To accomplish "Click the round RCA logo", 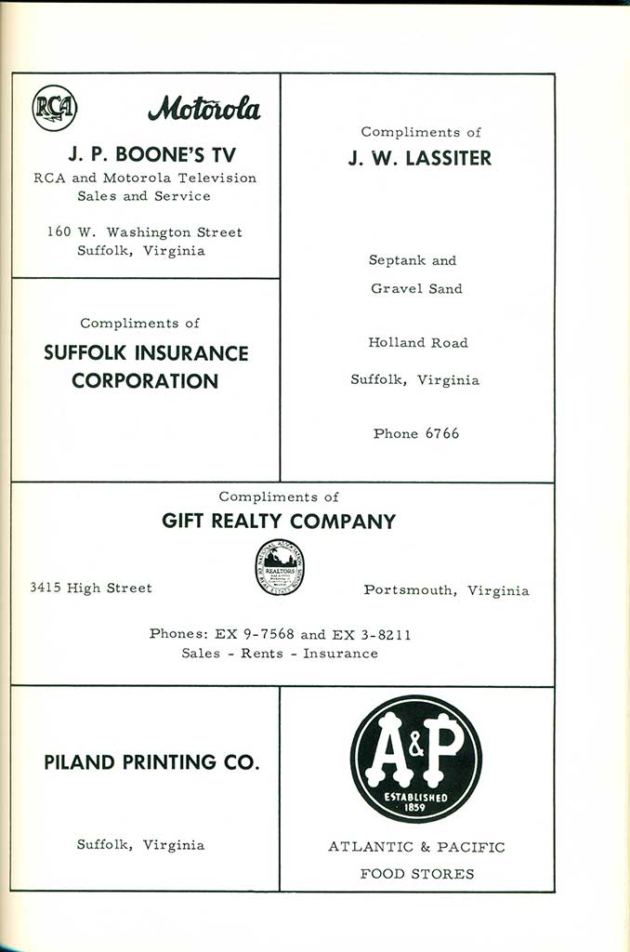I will pos(55,108).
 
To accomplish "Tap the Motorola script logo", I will pos(204,111).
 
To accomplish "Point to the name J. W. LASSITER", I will pos(420,158).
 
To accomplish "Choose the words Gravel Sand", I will pos(416,289).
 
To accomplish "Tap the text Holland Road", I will pos(418,343).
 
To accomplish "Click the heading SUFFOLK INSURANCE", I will pos(146,353).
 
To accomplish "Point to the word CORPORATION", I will pos(145,380).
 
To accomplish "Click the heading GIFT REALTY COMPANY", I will pos(279,522).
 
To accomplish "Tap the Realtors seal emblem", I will pos(281,568).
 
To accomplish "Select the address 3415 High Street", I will pos(91,588).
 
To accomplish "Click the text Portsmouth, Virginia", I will pos(446,590).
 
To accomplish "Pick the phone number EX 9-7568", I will pos(255,635).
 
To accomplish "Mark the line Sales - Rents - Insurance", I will pos(280,654).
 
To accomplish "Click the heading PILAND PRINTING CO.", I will pos(151,762).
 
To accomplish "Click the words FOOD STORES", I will pos(417,874).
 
